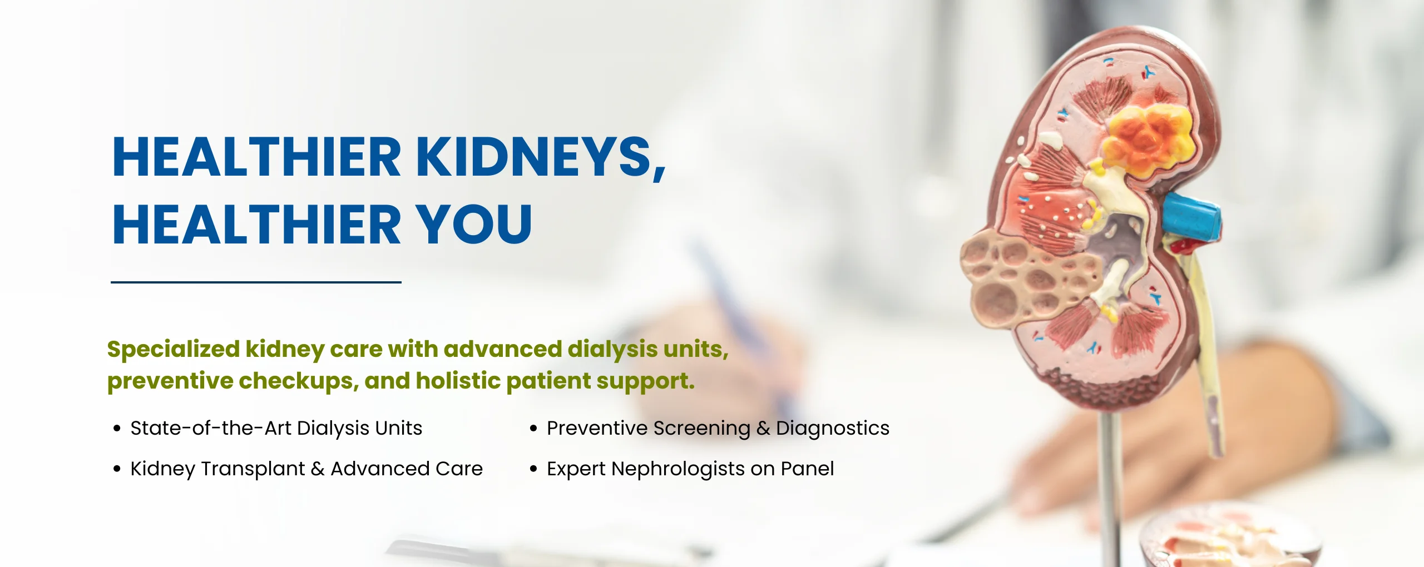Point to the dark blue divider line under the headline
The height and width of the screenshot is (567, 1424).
coord(256,282)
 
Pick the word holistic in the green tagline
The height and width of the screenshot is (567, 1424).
coord(458,381)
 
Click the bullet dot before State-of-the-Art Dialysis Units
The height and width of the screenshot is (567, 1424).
coord(117,429)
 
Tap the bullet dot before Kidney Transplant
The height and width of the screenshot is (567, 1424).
coord(117,469)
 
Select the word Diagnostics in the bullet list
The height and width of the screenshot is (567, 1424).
coord(833,429)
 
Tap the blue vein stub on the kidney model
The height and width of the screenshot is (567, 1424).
coord(1192,217)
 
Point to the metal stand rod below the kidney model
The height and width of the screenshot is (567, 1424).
coord(1109,489)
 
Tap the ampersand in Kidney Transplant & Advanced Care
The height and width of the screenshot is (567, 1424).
coord(318,469)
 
